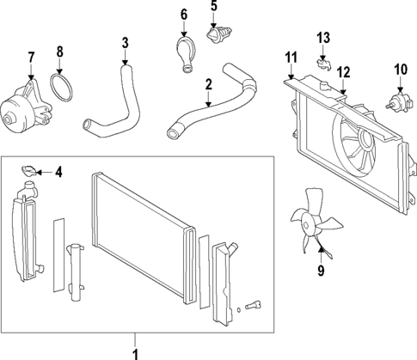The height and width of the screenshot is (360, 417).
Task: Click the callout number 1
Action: point(135,353)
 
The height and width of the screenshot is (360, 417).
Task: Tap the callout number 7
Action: point(32,58)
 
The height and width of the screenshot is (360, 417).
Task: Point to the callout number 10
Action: point(400,69)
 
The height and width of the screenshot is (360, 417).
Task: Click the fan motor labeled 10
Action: point(398,101)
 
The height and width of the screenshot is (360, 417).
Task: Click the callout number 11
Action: point(290,58)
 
